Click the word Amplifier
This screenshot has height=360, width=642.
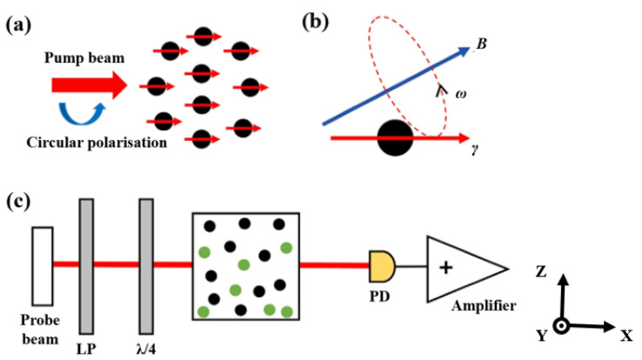click(482, 305)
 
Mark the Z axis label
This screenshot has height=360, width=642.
click(541, 271)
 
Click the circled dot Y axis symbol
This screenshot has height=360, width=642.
click(563, 326)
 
